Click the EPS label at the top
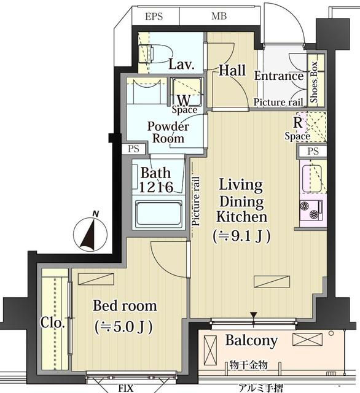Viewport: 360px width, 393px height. click(x=154, y=17)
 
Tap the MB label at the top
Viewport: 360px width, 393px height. click(x=219, y=17)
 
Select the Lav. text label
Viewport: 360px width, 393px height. click(x=181, y=64)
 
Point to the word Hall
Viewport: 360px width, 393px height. click(x=232, y=70)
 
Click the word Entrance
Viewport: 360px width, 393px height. click(x=279, y=76)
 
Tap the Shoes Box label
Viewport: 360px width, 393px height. click(x=314, y=82)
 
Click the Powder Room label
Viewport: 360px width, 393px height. click(x=168, y=132)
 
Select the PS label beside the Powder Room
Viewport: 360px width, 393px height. click(x=133, y=149)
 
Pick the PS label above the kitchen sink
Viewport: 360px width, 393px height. click(x=313, y=151)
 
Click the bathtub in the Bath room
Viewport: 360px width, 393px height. click(x=158, y=214)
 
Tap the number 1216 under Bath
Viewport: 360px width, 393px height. click(x=156, y=187)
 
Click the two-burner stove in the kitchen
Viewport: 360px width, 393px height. click(x=311, y=210)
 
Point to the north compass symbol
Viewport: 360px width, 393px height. click(x=90, y=234)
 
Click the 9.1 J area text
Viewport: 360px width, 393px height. click(x=241, y=236)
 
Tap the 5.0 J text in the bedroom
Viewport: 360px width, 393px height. click(x=123, y=327)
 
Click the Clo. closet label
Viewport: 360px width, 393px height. click(x=53, y=322)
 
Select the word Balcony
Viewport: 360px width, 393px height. click(x=251, y=341)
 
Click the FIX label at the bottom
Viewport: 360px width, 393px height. click(x=125, y=388)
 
